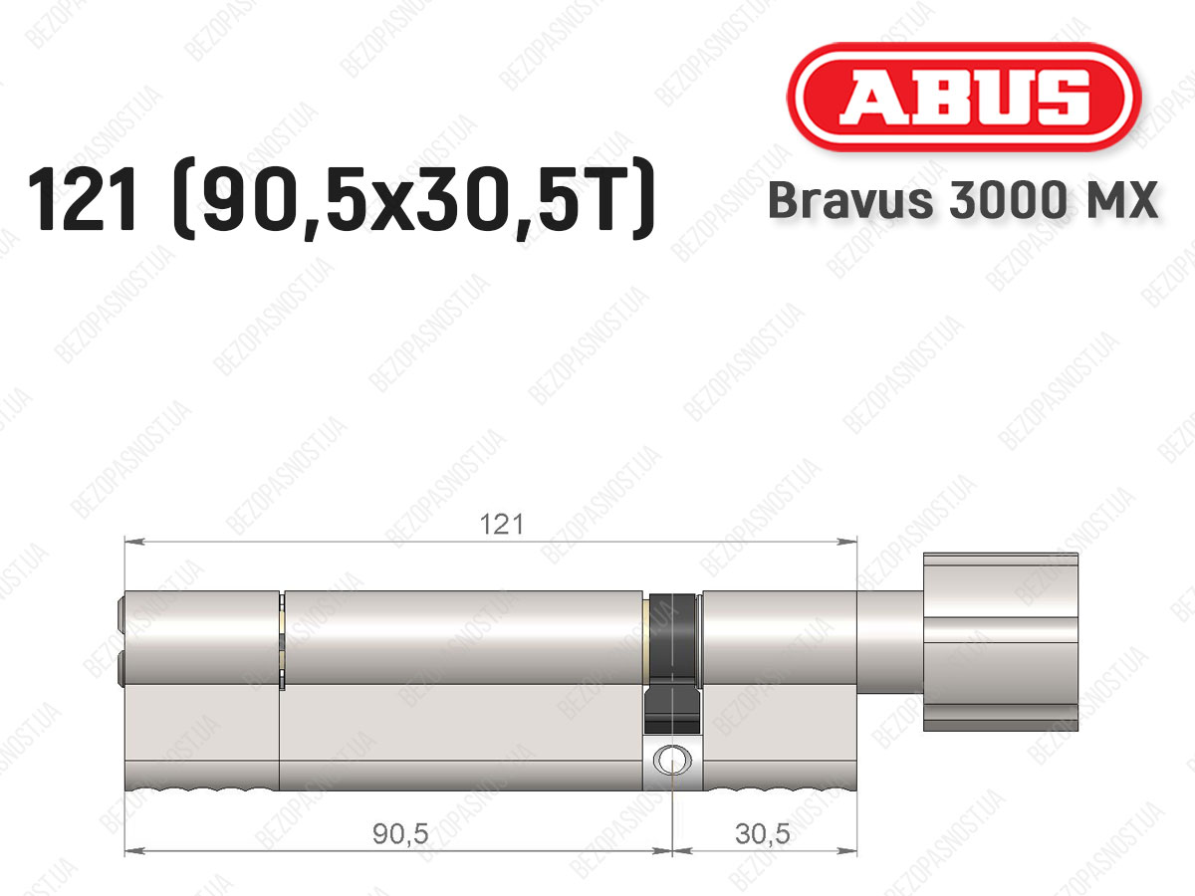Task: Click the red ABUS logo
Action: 964,97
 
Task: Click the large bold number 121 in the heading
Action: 82,199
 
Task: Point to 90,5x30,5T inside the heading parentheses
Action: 413,199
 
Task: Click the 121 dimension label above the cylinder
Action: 502,525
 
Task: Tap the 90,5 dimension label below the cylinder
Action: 400,833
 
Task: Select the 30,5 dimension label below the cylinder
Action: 762,833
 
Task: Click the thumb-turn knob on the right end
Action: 1001,642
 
